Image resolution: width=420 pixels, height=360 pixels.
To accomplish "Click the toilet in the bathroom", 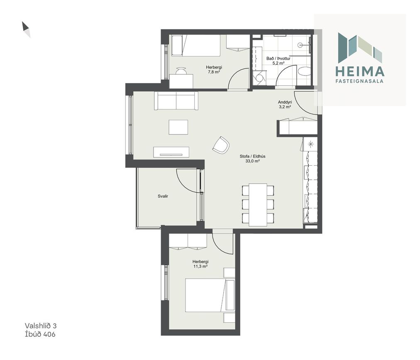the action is (x=304, y=71).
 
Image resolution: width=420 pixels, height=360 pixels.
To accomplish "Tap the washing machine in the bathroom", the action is (x=259, y=78).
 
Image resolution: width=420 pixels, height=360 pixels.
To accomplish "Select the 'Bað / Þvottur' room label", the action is (x=278, y=59).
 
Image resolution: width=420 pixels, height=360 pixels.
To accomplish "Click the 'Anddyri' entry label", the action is (x=285, y=102).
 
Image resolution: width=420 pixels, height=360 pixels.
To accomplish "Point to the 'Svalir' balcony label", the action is (x=163, y=196).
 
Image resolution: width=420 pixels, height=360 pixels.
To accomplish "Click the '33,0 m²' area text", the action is (x=253, y=161).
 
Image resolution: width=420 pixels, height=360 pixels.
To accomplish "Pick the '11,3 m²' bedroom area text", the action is (x=200, y=267).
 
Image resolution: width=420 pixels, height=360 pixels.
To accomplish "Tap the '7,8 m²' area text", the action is (x=214, y=72).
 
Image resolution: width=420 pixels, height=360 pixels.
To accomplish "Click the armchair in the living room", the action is (x=221, y=145).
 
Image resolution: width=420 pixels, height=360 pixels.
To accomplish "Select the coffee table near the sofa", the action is (x=178, y=127).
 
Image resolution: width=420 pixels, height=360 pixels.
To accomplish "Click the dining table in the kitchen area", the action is (x=258, y=205).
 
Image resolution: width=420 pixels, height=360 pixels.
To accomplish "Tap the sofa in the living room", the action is (x=176, y=101).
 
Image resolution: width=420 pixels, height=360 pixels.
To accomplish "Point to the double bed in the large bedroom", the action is (x=210, y=295).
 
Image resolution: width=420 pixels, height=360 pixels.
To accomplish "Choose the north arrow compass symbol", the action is (x=26, y=29).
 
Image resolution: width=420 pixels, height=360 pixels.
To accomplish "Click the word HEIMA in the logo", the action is (x=360, y=71).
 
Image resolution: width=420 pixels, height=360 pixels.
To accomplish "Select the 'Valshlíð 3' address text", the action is (x=41, y=326).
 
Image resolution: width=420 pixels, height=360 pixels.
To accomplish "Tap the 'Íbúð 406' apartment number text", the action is (x=40, y=334).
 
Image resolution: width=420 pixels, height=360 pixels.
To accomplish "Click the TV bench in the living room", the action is (x=171, y=152).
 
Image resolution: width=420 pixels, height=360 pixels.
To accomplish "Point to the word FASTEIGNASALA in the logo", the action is (x=359, y=81).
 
